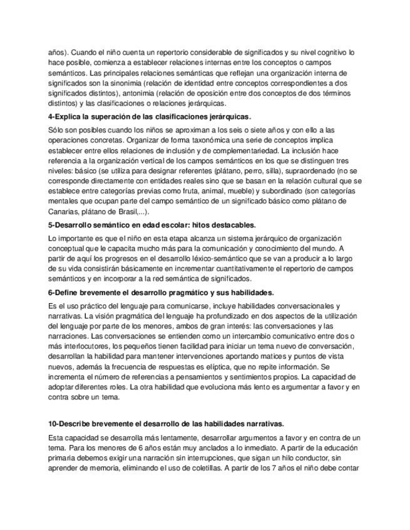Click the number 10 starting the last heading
[53, 423]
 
